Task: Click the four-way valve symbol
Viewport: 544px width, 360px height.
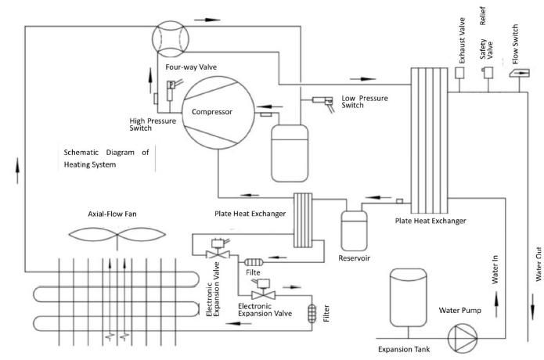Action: (171, 38)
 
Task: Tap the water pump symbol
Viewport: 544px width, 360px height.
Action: (463, 338)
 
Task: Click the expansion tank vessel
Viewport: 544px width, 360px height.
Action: (408, 297)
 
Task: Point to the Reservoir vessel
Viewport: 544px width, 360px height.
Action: (354, 231)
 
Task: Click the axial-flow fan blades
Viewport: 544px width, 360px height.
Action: (117, 235)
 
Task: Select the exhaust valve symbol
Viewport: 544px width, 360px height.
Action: (459, 73)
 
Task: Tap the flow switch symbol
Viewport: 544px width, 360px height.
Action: (520, 73)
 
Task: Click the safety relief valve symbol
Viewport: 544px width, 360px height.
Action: (487, 73)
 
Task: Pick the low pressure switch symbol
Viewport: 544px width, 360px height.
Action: (324, 103)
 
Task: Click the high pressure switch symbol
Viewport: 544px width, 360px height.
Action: (171, 89)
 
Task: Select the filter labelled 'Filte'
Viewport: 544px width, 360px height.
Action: (254, 262)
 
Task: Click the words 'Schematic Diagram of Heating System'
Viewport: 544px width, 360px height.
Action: (106, 158)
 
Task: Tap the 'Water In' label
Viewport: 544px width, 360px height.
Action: (495, 269)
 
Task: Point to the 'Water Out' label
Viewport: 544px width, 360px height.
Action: (539, 264)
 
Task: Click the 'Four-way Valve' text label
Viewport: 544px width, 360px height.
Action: (191, 67)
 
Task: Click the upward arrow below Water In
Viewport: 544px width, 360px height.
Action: (496, 304)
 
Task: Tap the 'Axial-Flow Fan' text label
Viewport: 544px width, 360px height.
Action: (112, 214)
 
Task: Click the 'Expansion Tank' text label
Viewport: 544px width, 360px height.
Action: (404, 349)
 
